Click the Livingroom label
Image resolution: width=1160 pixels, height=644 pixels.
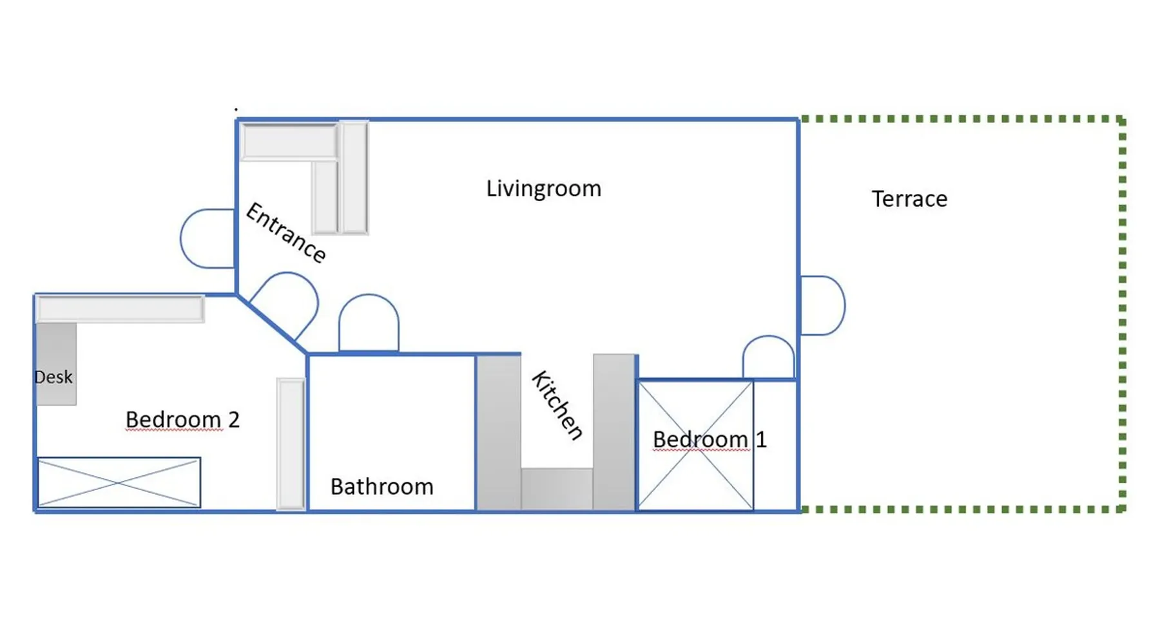click(543, 189)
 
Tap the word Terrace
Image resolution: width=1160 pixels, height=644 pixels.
click(909, 199)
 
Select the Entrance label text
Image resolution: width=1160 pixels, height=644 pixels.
click(286, 232)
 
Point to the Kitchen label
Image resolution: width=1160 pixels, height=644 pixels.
click(557, 405)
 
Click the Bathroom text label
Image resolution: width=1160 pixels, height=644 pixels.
click(382, 487)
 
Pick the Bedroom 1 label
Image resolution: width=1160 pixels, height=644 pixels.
click(710, 440)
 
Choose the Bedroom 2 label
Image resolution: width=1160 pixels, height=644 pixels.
click(182, 420)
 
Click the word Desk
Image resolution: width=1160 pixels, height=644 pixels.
click(53, 377)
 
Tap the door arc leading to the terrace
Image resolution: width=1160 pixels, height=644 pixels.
click(844, 305)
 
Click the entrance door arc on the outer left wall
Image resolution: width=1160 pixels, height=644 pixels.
click(181, 238)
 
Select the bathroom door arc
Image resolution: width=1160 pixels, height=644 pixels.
click(369, 296)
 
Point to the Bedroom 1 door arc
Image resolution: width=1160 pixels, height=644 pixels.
click(768, 336)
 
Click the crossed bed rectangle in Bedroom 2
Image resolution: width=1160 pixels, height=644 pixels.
click(119, 482)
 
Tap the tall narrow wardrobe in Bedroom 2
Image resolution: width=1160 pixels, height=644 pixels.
click(291, 444)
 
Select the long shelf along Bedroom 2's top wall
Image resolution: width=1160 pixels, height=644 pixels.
click(121, 308)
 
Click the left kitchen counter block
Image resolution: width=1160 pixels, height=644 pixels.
click(499, 433)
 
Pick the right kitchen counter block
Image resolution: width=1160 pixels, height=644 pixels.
click(615, 433)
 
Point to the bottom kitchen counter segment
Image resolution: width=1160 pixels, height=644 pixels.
click(557, 489)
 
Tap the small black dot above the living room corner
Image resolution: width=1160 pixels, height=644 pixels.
click(236, 109)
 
